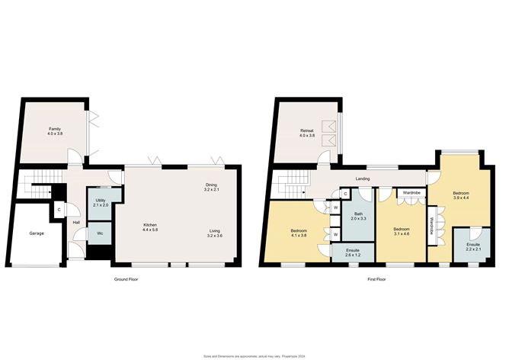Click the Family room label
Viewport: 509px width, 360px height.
[x=54, y=131]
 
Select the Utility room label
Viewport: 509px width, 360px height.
[x=101, y=202]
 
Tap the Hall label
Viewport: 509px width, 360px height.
[x=76, y=223]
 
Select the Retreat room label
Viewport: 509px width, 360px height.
[x=306, y=134]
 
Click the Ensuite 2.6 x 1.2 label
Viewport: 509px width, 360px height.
[x=352, y=252]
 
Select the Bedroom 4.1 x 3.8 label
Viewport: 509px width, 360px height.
[x=299, y=233]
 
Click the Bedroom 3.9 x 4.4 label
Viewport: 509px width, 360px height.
[x=460, y=196]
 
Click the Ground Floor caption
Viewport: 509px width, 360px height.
[x=126, y=280]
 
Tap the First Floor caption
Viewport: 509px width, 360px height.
[x=376, y=280]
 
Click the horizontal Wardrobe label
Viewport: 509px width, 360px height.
[x=412, y=193]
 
